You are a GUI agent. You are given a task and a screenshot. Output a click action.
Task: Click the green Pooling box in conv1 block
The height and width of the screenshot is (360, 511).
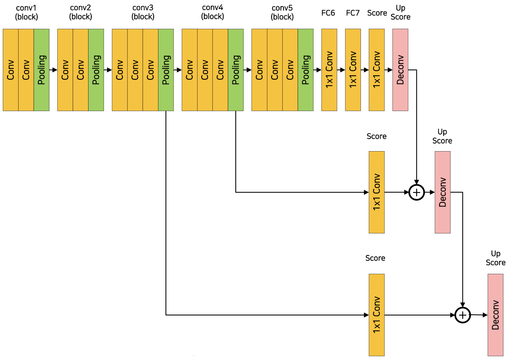pyautogui.click(x=41, y=70)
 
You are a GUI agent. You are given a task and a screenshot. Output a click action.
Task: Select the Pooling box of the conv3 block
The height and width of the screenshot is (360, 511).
pyautogui.click(x=166, y=70)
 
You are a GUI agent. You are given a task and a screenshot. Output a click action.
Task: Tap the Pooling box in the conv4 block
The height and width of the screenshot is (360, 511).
pyautogui.click(x=236, y=70)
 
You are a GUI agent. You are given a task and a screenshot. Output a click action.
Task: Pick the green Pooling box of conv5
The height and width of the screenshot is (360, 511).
pyautogui.click(x=306, y=70)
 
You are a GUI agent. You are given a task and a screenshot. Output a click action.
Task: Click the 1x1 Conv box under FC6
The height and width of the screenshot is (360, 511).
pyautogui.click(x=329, y=70)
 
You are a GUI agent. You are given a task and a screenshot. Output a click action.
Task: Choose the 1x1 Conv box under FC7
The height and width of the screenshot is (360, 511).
pyautogui.click(x=353, y=70)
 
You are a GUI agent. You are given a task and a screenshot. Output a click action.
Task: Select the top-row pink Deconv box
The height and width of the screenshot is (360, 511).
pyautogui.click(x=400, y=70)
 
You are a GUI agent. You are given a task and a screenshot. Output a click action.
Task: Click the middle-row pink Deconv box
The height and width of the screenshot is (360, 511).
pyautogui.click(x=442, y=192)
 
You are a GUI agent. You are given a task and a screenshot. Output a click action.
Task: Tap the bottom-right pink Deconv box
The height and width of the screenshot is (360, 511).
pyautogui.click(x=495, y=315)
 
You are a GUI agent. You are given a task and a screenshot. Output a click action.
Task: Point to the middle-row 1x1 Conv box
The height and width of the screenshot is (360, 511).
pyautogui.click(x=377, y=192)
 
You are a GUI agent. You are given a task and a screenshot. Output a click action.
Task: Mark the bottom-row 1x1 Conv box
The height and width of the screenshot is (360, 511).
pyautogui.click(x=377, y=315)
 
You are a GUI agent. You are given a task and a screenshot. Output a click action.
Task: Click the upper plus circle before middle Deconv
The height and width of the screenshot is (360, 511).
pyautogui.click(x=417, y=192)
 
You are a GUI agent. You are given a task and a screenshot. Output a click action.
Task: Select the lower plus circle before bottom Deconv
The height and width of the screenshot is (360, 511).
pyautogui.click(x=463, y=315)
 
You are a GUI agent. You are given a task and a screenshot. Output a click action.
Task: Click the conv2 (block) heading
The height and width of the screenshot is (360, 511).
pyautogui.click(x=81, y=12)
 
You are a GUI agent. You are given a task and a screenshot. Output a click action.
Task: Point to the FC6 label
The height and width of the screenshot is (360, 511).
pyautogui.click(x=328, y=13)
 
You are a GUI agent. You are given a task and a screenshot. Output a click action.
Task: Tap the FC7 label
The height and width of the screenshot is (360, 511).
pyautogui.click(x=353, y=13)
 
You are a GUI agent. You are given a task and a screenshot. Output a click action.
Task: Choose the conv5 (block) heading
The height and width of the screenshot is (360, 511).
pyautogui.click(x=282, y=12)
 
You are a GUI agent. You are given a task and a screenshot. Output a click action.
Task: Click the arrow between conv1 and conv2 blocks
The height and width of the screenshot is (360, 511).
pyautogui.click(x=53, y=70)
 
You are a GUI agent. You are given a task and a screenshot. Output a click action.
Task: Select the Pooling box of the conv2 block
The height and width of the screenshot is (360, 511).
pyautogui.click(x=96, y=70)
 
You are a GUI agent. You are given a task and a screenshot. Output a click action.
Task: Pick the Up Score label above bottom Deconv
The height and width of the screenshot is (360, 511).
pyautogui.click(x=496, y=258)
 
